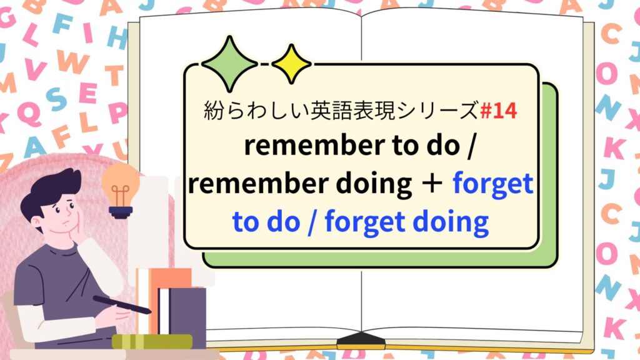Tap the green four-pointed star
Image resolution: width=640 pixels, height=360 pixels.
point(229,63)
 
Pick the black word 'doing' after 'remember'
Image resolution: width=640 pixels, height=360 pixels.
point(374,185)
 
